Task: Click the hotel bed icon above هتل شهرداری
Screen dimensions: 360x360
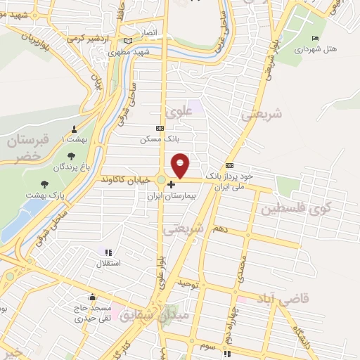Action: [314, 38]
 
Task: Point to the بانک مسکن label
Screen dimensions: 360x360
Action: [156, 139]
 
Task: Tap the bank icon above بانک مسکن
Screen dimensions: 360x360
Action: [160, 128]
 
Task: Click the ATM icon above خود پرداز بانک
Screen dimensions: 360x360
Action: [229, 165]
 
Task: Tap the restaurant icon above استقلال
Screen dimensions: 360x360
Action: [108, 252]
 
